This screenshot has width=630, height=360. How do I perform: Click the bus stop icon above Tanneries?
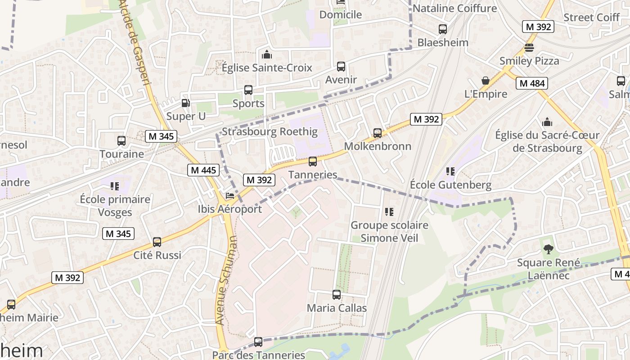coord(313,161)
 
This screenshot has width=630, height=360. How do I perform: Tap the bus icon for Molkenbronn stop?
coord(378,133)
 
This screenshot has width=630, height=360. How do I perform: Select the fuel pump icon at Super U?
coord(185,103)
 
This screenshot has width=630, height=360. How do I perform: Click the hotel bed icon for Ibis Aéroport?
coord(230,196)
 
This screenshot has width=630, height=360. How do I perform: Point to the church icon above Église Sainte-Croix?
coord(267,54)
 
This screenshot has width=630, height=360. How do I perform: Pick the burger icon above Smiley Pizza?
coord(529,47)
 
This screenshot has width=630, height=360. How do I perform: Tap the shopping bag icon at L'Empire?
coord(486,81)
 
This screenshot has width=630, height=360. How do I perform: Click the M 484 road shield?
coord(532,83)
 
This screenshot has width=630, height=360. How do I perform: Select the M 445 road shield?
coord(203,170)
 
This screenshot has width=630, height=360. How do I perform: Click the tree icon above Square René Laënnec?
coord(548,249)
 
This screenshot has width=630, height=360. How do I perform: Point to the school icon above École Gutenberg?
coord(450,171)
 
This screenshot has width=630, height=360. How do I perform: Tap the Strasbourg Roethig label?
coord(270,132)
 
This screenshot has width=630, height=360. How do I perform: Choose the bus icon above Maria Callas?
coord(337,295)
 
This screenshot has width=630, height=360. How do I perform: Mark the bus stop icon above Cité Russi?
coord(157,242)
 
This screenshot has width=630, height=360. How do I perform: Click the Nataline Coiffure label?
coord(454,8)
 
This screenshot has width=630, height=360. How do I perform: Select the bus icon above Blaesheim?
coord(443,29)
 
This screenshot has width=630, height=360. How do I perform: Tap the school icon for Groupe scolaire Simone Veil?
coord(389,211)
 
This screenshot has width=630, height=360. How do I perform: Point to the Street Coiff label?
coord(591,17)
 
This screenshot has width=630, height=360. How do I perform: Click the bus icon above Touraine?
coord(121,140)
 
